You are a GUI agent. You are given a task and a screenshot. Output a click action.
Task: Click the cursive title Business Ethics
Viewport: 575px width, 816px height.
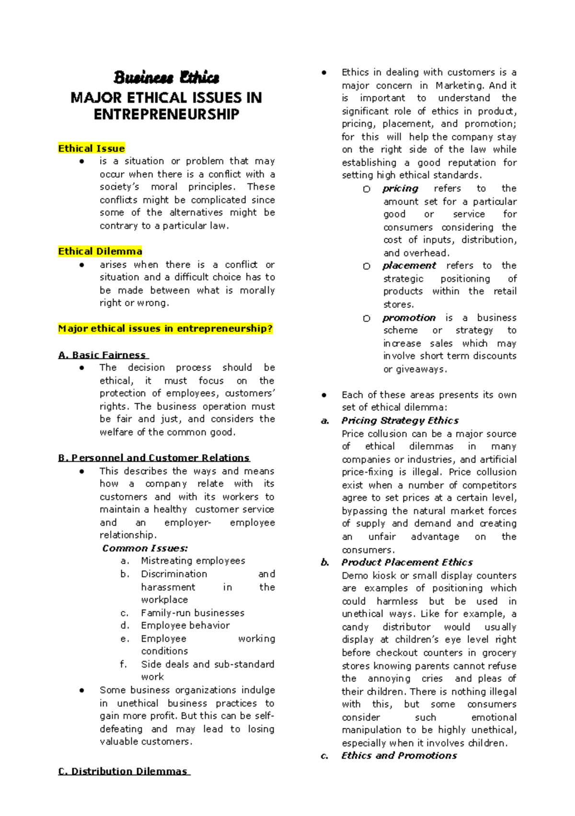[x=166, y=78]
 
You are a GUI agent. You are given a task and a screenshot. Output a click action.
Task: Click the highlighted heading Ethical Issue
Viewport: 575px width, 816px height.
[x=91, y=148]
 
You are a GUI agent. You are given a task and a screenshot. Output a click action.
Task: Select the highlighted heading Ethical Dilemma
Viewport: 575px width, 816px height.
[x=100, y=251]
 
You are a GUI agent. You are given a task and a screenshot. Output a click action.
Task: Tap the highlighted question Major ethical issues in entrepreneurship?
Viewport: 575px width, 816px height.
[x=165, y=329]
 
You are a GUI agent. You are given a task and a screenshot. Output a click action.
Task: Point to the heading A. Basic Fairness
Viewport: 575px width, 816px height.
[x=103, y=355]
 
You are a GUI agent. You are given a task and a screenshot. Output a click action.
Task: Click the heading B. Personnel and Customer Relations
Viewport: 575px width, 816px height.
[x=153, y=458]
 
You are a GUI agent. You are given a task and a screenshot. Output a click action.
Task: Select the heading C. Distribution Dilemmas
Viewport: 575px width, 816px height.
[x=123, y=771]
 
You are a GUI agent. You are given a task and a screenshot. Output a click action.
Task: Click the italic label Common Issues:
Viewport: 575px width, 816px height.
[x=145, y=548]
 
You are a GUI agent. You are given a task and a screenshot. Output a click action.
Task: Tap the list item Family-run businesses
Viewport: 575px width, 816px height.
[x=192, y=613]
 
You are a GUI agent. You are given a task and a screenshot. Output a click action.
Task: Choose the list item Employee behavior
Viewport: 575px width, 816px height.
[x=185, y=625]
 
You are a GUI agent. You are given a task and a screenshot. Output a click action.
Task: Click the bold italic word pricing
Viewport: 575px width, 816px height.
[x=400, y=189]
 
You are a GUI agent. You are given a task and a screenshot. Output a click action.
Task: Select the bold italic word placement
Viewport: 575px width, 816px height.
[x=409, y=266]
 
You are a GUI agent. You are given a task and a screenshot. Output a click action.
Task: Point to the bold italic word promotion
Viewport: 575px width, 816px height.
[x=409, y=318]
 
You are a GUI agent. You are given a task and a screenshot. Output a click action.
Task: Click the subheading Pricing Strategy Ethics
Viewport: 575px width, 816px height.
[x=400, y=420]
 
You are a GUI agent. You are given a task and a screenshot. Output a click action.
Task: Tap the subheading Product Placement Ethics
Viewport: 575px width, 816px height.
[x=406, y=562]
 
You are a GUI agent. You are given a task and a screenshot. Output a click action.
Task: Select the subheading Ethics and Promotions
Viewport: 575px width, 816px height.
[x=399, y=756]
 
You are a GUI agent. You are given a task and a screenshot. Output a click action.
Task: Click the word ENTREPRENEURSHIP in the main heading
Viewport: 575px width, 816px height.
[x=166, y=114]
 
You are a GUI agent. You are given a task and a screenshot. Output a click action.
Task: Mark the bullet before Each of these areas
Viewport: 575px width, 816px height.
[x=324, y=395]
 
